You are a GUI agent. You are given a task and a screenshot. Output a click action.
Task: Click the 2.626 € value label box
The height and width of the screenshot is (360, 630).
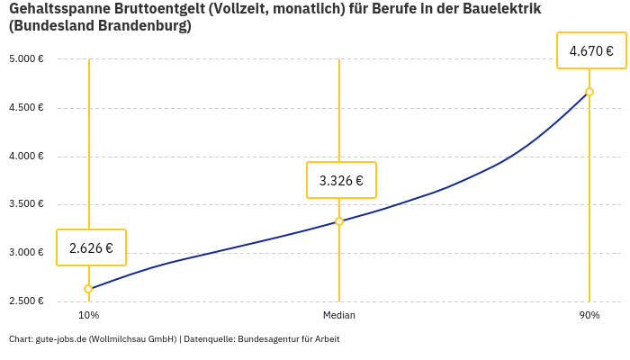coord(91,247)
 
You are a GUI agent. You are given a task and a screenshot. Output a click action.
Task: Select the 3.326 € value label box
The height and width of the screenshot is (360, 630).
coord(341,180)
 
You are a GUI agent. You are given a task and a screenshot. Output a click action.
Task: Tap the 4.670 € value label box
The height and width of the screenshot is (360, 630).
coord(591,51)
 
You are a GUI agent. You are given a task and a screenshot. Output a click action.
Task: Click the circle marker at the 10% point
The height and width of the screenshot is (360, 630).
coord(88,289)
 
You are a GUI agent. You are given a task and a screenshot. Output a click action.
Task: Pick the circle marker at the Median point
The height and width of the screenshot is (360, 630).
coord(339,221)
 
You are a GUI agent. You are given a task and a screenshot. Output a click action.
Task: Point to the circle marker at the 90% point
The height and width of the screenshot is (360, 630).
coord(589,92)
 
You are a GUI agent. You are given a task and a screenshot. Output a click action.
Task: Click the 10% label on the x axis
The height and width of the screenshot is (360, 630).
coord(88,316)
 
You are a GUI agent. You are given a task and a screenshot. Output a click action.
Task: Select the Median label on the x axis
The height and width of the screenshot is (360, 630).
coord(339,316)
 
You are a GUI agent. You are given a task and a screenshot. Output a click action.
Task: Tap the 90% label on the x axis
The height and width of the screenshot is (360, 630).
coord(589,316)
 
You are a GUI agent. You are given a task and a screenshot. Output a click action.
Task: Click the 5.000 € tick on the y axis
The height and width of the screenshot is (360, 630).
coord(26,59)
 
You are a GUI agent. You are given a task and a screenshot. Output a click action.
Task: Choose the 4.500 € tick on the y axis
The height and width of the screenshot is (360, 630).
coord(26,108)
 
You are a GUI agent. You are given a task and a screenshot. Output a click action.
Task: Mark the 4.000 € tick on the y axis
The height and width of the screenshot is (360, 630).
coord(26,157)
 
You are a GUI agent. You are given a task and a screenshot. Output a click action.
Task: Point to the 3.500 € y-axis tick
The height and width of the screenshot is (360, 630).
coord(26,204)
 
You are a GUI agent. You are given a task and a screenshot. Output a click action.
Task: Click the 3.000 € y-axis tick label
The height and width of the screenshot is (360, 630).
coord(26,253)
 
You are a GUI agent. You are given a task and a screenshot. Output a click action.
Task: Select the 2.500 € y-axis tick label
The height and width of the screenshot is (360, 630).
coord(26,301)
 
